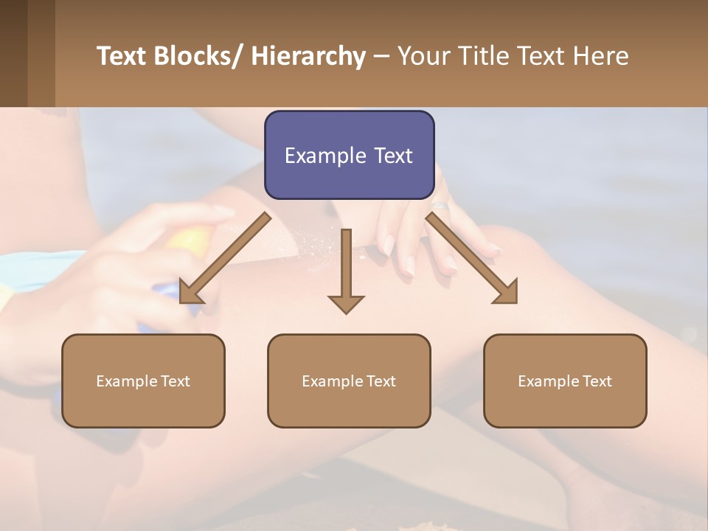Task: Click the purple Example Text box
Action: click(x=349, y=155)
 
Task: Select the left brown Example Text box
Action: click(x=143, y=381)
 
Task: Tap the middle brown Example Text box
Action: click(x=349, y=381)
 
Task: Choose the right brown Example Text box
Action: click(x=565, y=381)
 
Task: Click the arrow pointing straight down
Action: click(x=346, y=273)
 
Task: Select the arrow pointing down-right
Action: click(x=472, y=258)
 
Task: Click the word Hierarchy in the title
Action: click(x=308, y=56)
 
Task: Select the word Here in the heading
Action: click(x=600, y=56)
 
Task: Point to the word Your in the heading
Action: click(x=423, y=56)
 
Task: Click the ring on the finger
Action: click(x=440, y=207)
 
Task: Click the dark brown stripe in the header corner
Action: click(x=13, y=53)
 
